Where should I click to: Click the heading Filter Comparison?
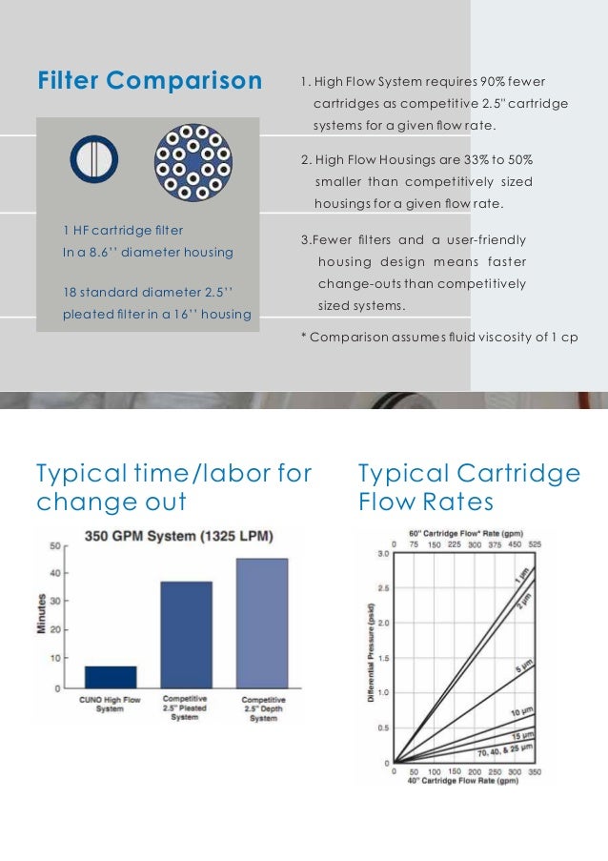(x=150, y=81)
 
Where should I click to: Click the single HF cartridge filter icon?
(x=93, y=159)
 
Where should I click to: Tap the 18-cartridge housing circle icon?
(x=193, y=162)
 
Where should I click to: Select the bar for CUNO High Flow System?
(x=110, y=676)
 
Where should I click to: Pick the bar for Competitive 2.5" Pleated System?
(x=186, y=634)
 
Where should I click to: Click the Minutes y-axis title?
(x=42, y=615)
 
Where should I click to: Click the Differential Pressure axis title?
(x=370, y=653)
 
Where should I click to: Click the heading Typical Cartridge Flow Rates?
(x=469, y=486)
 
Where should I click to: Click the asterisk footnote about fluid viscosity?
(x=439, y=338)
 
